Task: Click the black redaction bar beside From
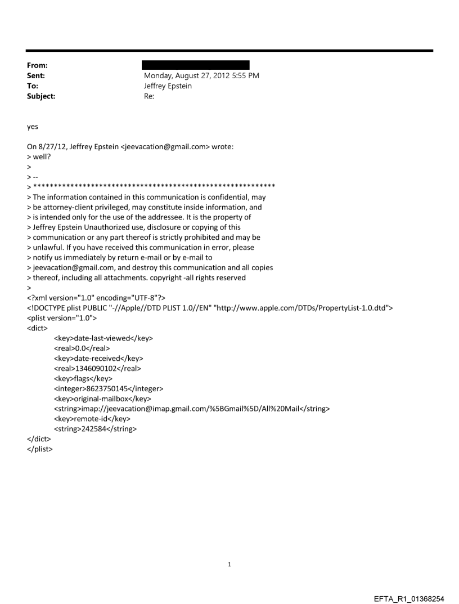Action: coord(196,66)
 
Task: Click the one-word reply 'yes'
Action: coord(33,127)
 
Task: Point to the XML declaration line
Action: coord(99,298)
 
